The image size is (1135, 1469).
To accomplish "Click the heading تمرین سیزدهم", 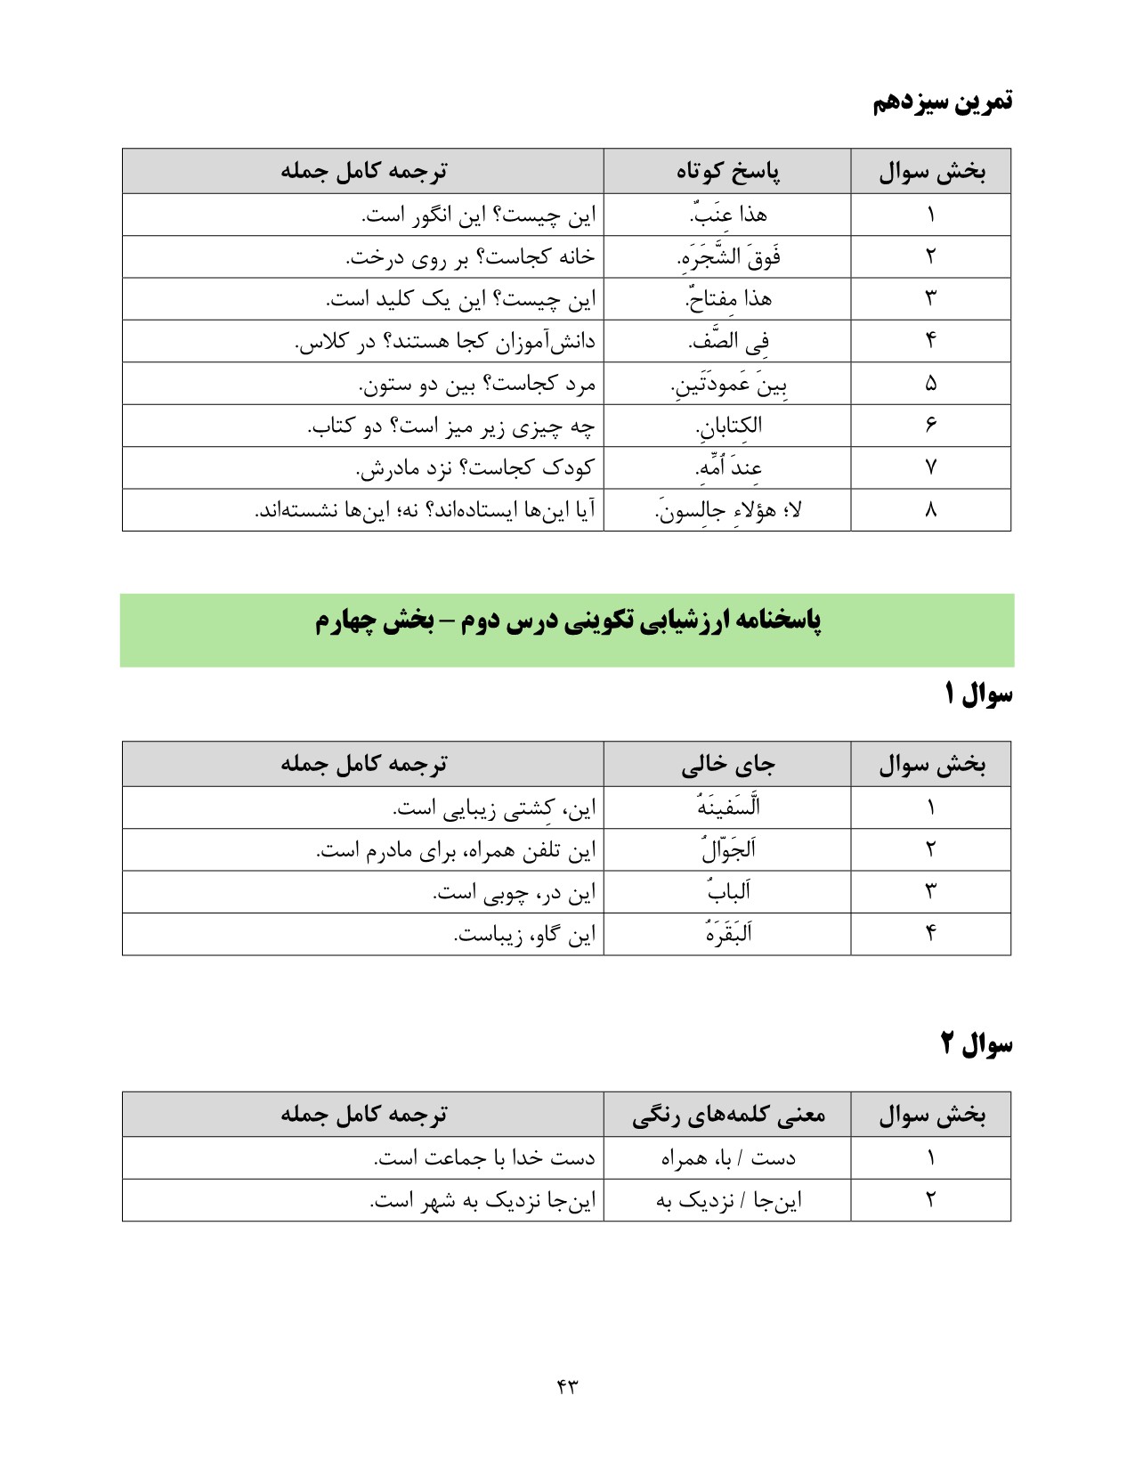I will tap(942, 101).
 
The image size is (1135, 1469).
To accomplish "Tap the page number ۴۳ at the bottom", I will tap(567, 1385).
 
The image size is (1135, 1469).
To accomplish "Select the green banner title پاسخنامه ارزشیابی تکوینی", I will tap(568, 621).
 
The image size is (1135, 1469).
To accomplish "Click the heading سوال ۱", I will tap(977, 694).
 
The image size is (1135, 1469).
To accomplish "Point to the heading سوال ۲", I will tap(977, 1043).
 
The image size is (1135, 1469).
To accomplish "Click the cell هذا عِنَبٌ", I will tap(728, 215).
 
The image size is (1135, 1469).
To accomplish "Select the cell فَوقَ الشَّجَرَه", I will tap(728, 257).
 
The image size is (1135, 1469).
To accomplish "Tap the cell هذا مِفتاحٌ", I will tap(728, 299).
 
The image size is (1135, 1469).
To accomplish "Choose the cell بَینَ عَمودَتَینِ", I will tap(728, 385).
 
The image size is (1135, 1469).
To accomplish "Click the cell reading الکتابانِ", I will tap(728, 426).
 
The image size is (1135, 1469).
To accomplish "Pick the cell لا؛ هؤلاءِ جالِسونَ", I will tap(728, 511).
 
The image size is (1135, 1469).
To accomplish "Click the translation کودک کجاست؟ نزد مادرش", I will tap(474, 468).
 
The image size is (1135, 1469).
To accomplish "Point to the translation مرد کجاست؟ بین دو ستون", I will tap(476, 385).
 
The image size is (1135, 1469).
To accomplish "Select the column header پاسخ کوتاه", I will tap(728, 171).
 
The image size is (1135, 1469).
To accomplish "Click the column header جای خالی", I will tap(728, 764).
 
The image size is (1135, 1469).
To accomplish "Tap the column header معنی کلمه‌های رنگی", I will tap(728, 1115).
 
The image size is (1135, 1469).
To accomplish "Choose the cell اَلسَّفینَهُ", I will tap(728, 808).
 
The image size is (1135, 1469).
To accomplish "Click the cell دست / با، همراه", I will tap(728, 1158).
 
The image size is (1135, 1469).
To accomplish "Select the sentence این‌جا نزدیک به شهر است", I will tap(482, 1201).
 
